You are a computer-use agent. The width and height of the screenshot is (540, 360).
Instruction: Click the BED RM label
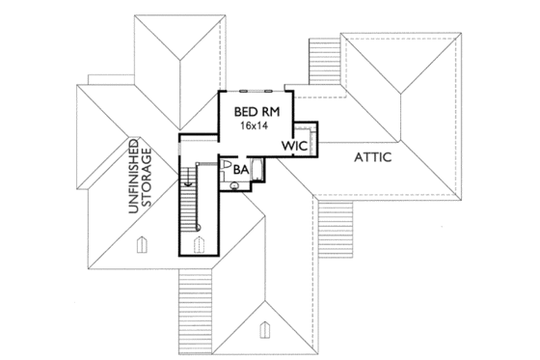(x=255, y=111)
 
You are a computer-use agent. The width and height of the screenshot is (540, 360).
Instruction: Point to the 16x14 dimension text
(x=255, y=125)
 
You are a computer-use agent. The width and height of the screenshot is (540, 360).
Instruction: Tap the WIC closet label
(x=294, y=145)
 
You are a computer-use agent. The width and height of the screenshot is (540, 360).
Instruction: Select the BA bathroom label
(x=241, y=170)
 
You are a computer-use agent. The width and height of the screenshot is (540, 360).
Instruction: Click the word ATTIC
(x=371, y=156)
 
